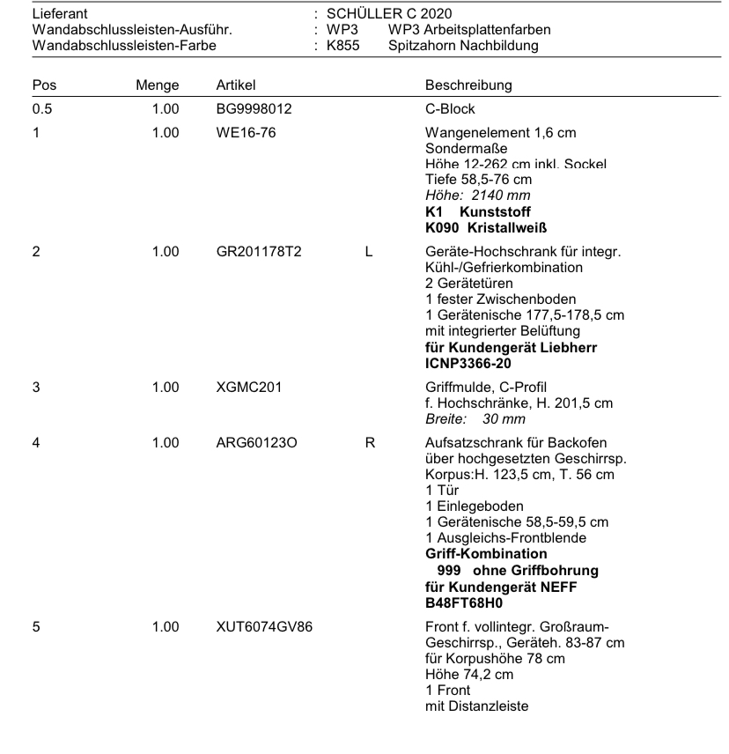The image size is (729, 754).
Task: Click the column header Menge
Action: coord(158,85)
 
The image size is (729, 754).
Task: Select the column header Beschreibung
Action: coord(468,85)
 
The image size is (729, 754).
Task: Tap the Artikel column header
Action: coord(236,85)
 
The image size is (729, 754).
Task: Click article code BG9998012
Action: coord(254,109)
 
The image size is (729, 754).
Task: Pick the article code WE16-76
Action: coord(246,133)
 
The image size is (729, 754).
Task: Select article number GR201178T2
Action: coord(259,252)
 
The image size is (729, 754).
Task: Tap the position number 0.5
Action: coord(40,109)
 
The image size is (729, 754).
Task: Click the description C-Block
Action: coord(450,109)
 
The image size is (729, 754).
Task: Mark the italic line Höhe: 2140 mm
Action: coord(476,195)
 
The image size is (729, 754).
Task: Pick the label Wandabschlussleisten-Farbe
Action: coord(123,46)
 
